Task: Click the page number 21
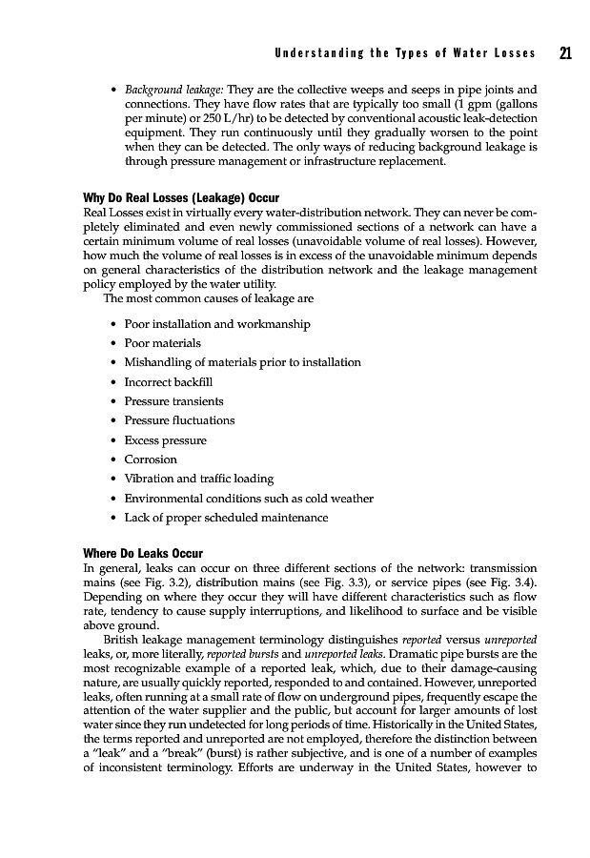[565, 53]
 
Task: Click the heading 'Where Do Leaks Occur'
[143, 553]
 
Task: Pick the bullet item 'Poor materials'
[163, 343]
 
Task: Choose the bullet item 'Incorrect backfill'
[169, 381]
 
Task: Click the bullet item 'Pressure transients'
[174, 401]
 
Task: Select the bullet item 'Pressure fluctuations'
[179, 420]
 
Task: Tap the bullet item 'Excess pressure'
[166, 440]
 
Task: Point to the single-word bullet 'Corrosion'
[151, 460]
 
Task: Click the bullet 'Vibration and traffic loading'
[199, 479]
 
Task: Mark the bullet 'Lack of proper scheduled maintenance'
[226, 518]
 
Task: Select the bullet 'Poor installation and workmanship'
[217, 324]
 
